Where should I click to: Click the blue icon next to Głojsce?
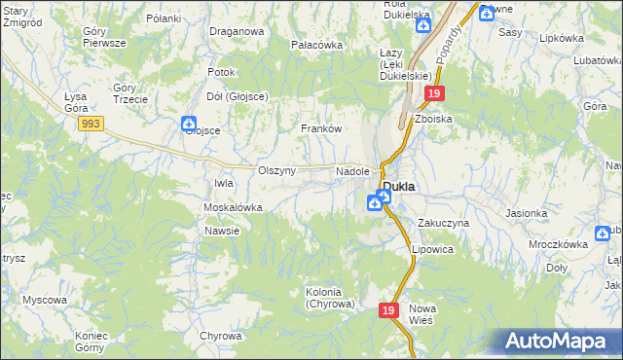tap(188, 125)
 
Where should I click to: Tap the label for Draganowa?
tap(237, 31)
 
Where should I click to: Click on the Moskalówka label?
tap(233, 208)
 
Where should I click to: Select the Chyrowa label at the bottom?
tap(221, 336)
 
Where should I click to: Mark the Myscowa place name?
tap(44, 300)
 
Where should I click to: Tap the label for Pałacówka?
tap(317, 45)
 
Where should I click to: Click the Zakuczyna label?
tap(444, 223)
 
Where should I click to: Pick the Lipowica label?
tap(432, 249)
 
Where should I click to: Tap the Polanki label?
tap(164, 18)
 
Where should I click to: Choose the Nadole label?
tap(352, 171)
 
